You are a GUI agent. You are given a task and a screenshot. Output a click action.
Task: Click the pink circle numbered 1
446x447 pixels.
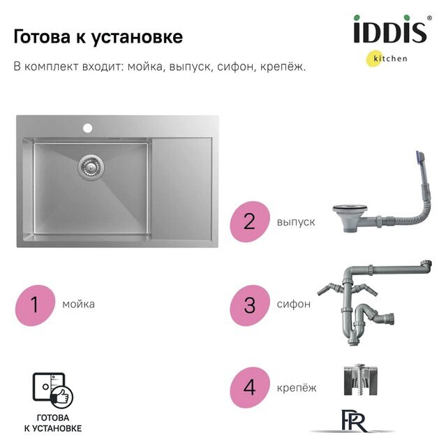34,305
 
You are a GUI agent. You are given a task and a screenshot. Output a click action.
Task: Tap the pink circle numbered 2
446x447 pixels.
249,222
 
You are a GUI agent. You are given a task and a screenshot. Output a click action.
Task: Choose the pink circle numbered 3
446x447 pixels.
249,305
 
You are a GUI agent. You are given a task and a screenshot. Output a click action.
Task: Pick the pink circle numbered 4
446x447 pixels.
249,387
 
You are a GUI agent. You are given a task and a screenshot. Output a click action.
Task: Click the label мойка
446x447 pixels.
78,305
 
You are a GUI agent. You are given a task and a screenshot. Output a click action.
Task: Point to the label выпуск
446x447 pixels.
296,222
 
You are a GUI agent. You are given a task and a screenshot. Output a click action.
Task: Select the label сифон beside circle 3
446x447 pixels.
293,305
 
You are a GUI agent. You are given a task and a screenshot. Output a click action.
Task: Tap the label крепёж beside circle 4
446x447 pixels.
297,387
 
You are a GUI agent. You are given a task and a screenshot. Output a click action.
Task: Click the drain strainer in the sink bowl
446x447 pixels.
89,166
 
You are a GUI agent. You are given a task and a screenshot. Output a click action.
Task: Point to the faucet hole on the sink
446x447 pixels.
88,129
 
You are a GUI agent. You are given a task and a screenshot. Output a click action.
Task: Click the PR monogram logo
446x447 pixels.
353,420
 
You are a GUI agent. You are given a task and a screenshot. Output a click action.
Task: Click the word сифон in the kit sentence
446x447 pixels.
237,67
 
